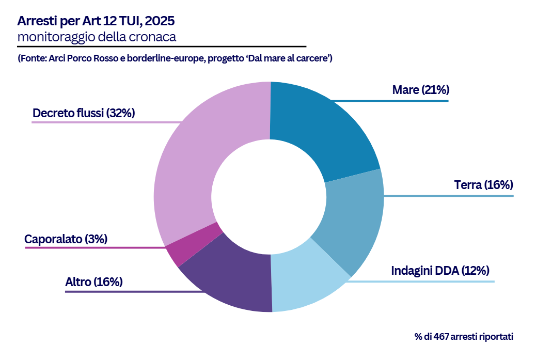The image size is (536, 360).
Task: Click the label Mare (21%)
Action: tap(420, 90)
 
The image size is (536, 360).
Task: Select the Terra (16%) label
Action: tap(483, 185)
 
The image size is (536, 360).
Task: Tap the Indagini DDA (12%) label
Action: tap(440, 270)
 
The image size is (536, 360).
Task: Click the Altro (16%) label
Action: tap(93, 281)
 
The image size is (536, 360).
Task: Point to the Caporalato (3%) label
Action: tap(66, 239)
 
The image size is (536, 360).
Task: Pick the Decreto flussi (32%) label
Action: tap(83, 113)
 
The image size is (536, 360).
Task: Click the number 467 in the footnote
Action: tap(441, 337)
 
